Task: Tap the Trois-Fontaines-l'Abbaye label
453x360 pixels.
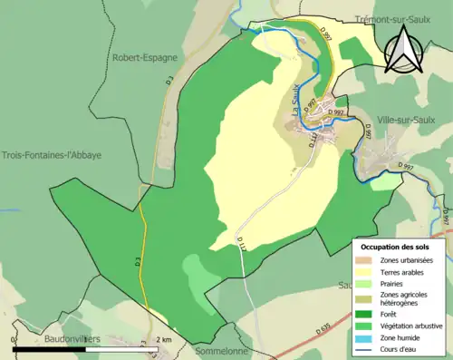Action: coord(51,155)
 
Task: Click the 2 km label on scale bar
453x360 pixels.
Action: coord(162,339)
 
